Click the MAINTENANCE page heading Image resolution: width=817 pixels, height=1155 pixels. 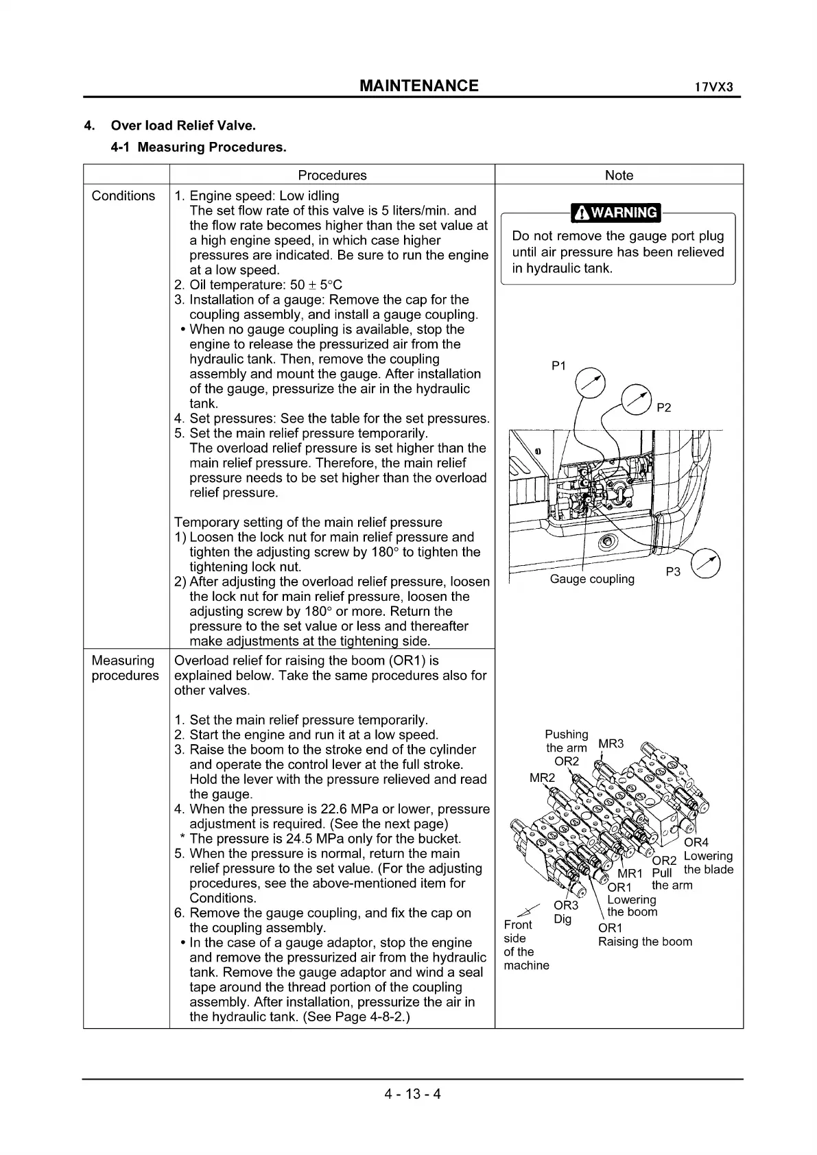click(418, 86)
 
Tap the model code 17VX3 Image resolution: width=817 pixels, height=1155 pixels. click(713, 88)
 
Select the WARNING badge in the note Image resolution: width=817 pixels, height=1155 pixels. click(616, 213)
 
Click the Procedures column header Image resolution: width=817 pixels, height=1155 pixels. click(332, 175)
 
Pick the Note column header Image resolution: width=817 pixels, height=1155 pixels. click(619, 175)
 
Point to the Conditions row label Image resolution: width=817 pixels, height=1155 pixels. click(123, 195)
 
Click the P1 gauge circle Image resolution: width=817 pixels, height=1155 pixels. click(590, 383)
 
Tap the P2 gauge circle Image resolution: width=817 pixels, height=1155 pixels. click(635, 398)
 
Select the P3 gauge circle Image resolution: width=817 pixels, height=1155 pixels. click(707, 564)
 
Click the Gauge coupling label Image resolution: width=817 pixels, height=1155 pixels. click(592, 579)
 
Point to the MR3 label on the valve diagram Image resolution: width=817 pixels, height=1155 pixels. click(611, 743)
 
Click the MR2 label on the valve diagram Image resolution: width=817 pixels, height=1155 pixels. click(542, 777)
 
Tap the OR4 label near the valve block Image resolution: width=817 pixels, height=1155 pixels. click(696, 842)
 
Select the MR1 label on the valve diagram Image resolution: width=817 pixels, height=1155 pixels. click(630, 873)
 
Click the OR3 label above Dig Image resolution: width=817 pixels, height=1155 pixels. click(566, 905)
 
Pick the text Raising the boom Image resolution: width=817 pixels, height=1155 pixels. click(645, 941)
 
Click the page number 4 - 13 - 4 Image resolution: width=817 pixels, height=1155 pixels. click(412, 1093)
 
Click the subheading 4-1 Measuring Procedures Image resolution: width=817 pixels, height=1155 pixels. click(198, 147)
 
